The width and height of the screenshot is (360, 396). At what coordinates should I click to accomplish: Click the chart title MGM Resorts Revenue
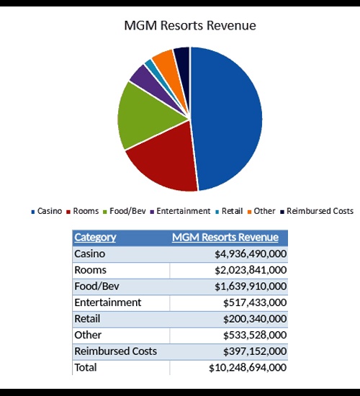190,25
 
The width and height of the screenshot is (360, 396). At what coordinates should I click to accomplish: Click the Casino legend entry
47,211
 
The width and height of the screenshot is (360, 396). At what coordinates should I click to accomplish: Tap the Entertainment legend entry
180,211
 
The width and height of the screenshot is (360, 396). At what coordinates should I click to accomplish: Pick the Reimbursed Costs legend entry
317,211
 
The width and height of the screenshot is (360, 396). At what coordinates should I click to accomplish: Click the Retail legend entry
229,211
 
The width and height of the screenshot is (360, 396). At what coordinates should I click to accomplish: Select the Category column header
95,238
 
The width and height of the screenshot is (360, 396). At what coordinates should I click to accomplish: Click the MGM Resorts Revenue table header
225,238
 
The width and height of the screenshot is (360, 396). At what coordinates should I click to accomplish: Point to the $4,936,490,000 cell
251,254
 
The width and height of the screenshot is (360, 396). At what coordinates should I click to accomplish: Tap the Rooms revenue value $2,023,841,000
251,270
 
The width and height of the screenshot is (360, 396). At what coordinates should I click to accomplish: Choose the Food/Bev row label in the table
96,286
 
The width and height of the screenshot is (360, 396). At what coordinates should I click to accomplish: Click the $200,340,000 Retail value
255,319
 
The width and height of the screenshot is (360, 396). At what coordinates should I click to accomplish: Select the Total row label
86,367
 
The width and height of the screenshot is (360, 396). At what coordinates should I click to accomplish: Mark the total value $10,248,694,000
248,367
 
